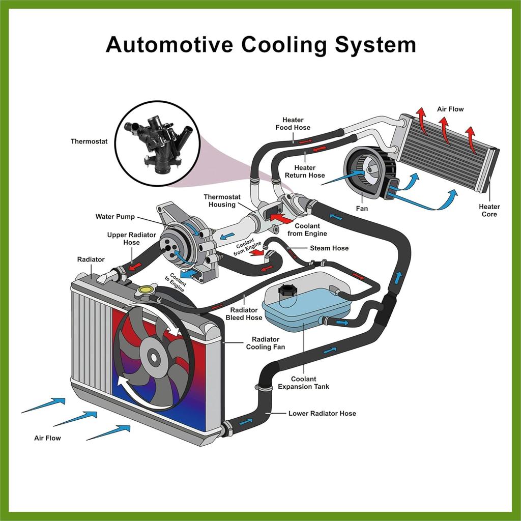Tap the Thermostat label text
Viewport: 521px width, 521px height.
[x=89, y=141]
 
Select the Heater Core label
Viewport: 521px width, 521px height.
[x=489, y=210]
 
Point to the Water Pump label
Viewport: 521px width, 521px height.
[x=115, y=217]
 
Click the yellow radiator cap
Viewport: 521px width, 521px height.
[x=145, y=291]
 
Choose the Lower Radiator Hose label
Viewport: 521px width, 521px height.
[x=322, y=413]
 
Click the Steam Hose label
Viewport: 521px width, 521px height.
[x=329, y=248]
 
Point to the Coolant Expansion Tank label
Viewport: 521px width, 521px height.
[x=303, y=383]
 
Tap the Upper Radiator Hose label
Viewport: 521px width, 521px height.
[x=123, y=239]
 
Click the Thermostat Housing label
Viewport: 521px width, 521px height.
[x=220, y=200]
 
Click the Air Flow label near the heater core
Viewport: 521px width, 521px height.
[x=450, y=109]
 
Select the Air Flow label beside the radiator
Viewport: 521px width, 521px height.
[x=47, y=438]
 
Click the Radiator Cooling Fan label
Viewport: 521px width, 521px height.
[x=265, y=343]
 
